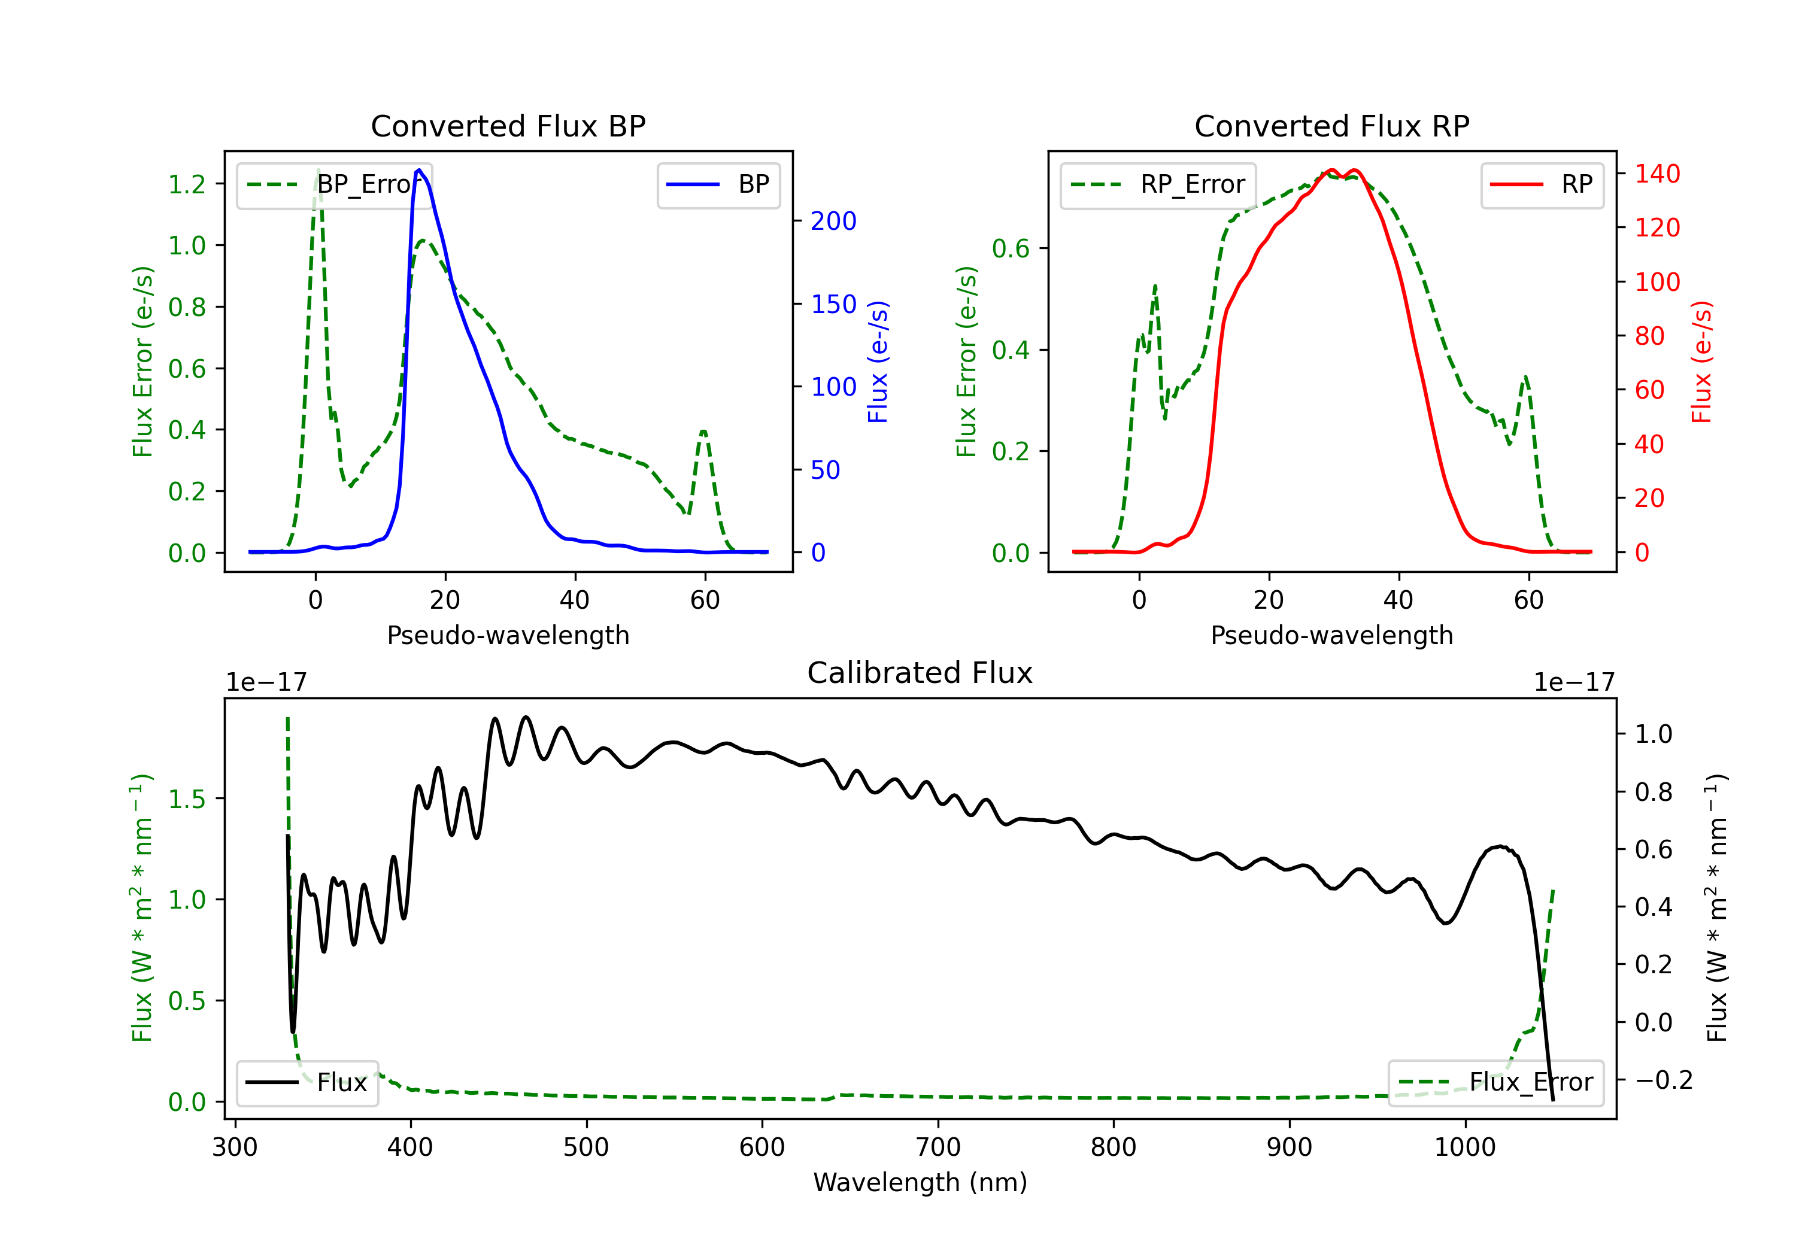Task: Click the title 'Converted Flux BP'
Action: (508, 126)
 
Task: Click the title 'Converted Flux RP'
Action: (1331, 126)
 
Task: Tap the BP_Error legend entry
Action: (334, 184)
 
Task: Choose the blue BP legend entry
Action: (718, 184)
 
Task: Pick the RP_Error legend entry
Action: (1158, 184)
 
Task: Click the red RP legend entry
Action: (1542, 184)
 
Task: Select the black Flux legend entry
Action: (307, 1083)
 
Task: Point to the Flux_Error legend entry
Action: (1495, 1083)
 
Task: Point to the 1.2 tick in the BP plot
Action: (187, 184)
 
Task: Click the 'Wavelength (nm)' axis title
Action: (920, 1182)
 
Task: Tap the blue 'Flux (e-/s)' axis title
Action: (878, 362)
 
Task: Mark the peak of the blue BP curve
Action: (419, 170)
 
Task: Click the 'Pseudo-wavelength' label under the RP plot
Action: (1331, 635)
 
